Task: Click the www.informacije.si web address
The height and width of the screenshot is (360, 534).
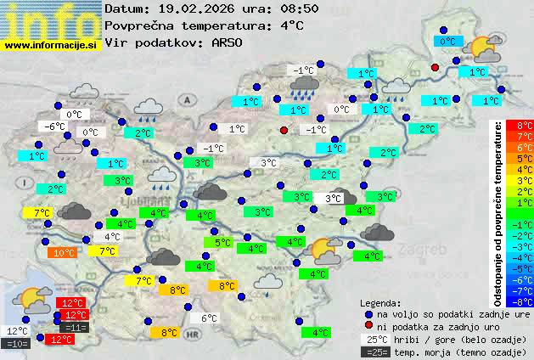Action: point(51,45)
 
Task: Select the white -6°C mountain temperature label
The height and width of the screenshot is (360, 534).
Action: point(55,127)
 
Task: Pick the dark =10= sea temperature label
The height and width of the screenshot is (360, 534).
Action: point(17,344)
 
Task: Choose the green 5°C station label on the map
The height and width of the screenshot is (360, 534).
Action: point(222,243)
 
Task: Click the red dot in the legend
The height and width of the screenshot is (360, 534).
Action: point(368,327)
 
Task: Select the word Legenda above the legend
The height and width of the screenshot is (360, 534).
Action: point(380,302)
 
